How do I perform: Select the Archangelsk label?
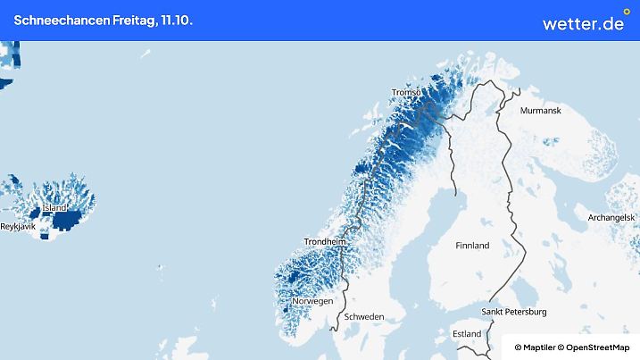(x=611, y=217)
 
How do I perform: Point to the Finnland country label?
(x=472, y=245)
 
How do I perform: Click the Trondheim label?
(x=324, y=241)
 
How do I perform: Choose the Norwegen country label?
(x=312, y=301)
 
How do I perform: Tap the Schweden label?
(x=364, y=317)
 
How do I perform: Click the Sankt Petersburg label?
(x=513, y=312)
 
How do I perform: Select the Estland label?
(x=467, y=334)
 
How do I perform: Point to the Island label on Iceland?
(x=54, y=208)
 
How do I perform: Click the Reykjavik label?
(x=17, y=227)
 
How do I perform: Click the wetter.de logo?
(x=582, y=23)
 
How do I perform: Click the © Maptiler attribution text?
(x=535, y=347)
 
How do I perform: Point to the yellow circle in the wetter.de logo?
(x=626, y=13)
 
